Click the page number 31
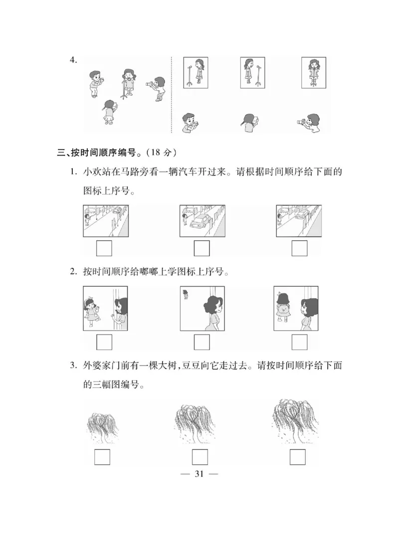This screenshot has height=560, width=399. pyautogui.click(x=199, y=474)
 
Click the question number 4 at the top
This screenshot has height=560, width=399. pyautogui.click(x=73, y=60)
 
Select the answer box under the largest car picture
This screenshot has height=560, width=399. pyautogui.click(x=201, y=248)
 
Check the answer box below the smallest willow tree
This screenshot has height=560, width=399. pyautogui.click(x=102, y=457)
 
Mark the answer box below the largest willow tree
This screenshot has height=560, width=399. pyautogui.click(x=297, y=457)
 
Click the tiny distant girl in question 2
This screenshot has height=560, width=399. pyautogui.click(x=186, y=294)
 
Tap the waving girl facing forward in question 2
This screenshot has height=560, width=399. pyautogui.click(x=91, y=310)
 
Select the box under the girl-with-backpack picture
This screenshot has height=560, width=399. pyautogui.click(x=299, y=342)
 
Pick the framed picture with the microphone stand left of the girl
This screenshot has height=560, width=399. pyautogui.click(x=196, y=73)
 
